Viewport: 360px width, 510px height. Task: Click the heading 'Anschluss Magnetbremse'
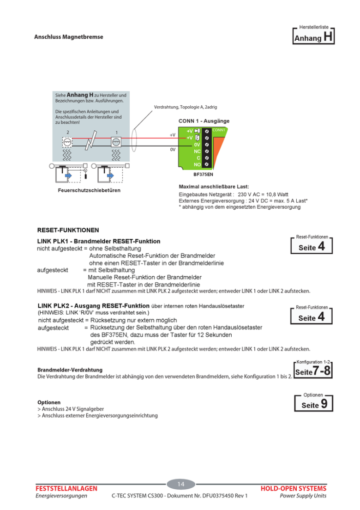[69, 36]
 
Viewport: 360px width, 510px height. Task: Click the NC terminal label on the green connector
[197, 151]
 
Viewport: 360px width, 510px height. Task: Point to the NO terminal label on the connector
[197, 164]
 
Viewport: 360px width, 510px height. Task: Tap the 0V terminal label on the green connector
[197, 145]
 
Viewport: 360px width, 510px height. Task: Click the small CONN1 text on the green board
[219, 130]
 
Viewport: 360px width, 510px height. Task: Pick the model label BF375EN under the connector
[203, 175]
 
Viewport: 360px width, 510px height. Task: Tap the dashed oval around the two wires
[134, 141]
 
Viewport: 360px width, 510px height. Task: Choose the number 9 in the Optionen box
[324, 405]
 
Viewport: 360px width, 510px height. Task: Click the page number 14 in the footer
[181, 484]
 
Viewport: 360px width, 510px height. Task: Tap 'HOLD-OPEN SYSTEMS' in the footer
[293, 488]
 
